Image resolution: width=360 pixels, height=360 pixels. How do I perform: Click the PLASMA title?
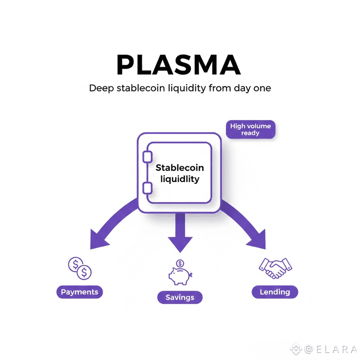tap(179, 65)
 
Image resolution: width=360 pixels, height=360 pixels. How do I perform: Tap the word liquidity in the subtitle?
tap(187, 89)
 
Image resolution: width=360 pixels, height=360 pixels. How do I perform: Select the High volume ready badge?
tap(250, 130)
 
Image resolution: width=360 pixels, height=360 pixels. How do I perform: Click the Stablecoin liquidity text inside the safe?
tap(180, 173)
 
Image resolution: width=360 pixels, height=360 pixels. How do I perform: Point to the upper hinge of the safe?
tap(147, 157)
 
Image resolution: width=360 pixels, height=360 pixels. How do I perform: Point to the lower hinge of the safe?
tap(147, 188)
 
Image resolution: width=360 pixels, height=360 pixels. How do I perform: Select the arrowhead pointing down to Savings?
tap(180, 244)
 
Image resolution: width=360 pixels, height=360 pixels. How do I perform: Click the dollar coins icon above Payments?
tap(80, 268)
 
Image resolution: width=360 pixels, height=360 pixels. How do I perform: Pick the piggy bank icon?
tap(180, 276)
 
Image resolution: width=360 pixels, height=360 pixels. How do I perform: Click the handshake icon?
tap(275, 268)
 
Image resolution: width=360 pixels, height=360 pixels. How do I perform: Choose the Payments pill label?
tap(80, 292)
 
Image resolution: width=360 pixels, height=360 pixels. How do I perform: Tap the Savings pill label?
tap(180, 297)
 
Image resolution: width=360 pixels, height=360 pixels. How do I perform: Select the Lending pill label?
tap(275, 292)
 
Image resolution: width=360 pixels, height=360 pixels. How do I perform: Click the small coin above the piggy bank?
tap(180, 263)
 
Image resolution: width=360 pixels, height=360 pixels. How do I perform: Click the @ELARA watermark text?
tap(331, 349)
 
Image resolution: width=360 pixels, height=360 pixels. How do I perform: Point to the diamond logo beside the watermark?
tap(296, 349)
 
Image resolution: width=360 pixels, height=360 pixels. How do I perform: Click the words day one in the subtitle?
tap(252, 89)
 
